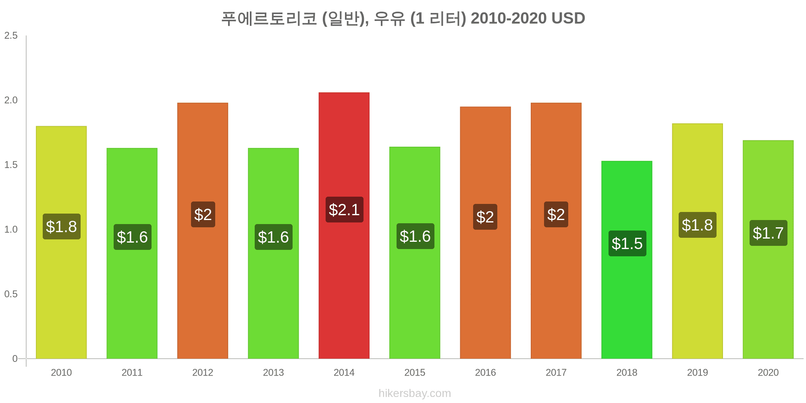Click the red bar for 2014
(x=344, y=226)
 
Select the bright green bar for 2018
(x=627, y=260)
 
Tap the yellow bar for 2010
(x=61, y=243)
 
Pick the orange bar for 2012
(x=203, y=231)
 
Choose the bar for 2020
(x=768, y=249)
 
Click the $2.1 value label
(x=344, y=210)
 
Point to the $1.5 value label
(x=627, y=243)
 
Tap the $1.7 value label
(x=768, y=233)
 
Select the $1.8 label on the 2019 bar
(x=698, y=225)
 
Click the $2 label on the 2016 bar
(x=485, y=217)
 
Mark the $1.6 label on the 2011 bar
(x=132, y=237)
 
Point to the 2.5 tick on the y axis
(x=11, y=35)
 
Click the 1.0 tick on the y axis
(x=11, y=229)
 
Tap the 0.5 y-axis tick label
(x=11, y=294)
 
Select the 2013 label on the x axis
(x=273, y=372)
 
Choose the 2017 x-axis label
(x=556, y=372)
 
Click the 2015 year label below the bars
(x=415, y=372)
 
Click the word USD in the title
(x=568, y=18)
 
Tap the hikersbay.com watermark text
(x=415, y=393)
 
